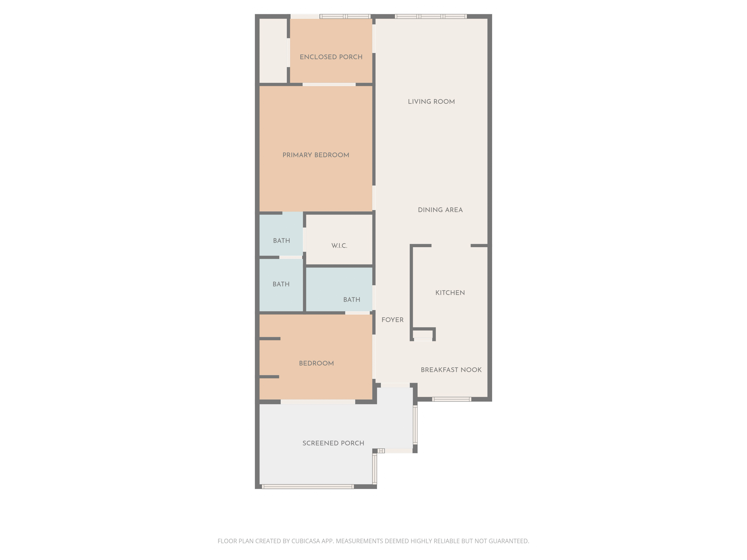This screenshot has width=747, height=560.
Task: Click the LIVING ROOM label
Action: [x=431, y=102]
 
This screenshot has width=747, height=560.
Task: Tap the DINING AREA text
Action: [x=440, y=210]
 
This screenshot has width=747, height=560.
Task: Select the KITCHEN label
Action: [x=450, y=293]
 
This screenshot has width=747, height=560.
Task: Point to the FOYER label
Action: [x=392, y=320]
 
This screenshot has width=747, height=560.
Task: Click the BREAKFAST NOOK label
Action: [x=451, y=370]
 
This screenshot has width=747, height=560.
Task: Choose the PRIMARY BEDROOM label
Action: [x=316, y=155]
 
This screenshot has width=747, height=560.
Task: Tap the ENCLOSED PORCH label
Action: [x=331, y=57]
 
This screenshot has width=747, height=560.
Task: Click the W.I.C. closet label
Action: [x=339, y=246]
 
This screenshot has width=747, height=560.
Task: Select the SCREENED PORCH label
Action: [x=333, y=443]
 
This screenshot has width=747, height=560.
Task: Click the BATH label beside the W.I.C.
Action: [x=282, y=241]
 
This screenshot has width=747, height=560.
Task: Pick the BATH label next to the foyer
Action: [x=352, y=300]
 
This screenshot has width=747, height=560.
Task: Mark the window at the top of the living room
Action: [x=431, y=16]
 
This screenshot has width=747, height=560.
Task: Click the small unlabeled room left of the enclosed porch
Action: [x=273, y=51]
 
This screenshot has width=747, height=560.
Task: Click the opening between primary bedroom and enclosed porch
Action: [x=329, y=84]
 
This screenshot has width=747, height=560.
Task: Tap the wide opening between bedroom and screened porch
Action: [x=318, y=402]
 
